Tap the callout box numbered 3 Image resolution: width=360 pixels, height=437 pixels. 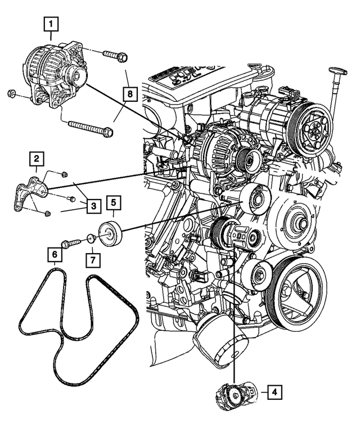93,207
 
